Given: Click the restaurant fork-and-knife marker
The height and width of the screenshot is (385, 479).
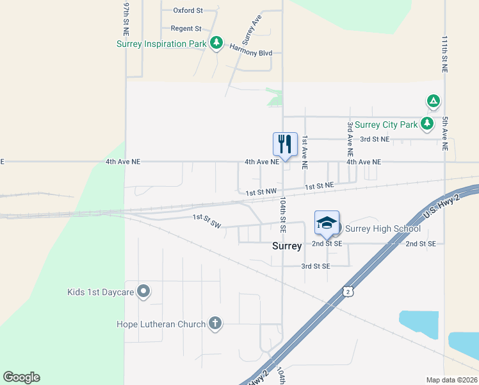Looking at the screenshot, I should coord(285,144).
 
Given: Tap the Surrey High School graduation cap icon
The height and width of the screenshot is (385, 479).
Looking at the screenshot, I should coord(327,223).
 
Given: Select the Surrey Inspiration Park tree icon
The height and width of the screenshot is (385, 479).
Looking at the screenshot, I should coord(216,43).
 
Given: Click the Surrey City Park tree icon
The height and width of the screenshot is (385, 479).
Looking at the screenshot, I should coord(427,123).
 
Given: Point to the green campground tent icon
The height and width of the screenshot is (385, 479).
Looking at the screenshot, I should coord(434,101).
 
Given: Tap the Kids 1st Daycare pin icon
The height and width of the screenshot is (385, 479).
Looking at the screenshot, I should coord(143,292).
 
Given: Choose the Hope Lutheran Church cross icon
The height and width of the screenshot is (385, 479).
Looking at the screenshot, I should coord(215,323).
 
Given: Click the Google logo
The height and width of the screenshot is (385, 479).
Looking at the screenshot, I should coord(21,377).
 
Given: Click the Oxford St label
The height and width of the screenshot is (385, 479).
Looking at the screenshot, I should coord(188,10).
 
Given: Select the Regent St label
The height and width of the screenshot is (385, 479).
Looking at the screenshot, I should coord(186,28).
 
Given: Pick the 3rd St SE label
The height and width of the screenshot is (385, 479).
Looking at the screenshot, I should coord(316,266).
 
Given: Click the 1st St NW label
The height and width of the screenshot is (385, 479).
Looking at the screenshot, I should coord(261,191).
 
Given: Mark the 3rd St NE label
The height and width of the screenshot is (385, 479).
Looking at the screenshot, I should coord(375,139).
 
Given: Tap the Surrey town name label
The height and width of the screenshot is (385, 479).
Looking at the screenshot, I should coord(287,246).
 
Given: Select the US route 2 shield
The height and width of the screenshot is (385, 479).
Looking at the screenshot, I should coord(346,292).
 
